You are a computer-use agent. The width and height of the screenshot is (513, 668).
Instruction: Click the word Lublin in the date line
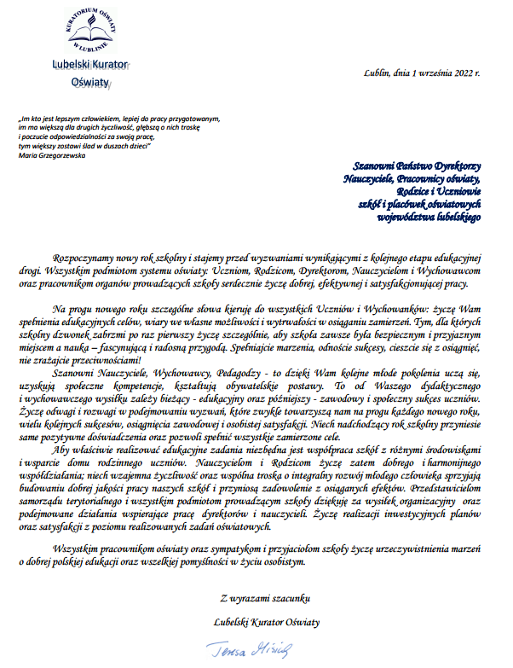coord(375,73)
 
